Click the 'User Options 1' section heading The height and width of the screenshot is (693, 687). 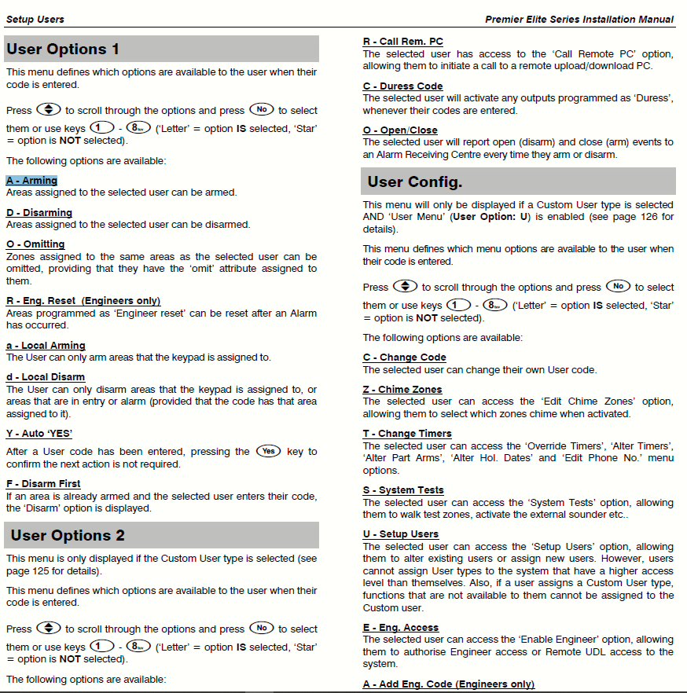64,49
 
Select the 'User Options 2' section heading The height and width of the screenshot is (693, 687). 68,536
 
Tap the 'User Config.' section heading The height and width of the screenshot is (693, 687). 415,182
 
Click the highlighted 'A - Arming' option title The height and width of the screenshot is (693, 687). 31,181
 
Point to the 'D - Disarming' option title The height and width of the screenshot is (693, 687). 39,213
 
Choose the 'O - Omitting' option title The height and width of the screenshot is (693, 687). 35,244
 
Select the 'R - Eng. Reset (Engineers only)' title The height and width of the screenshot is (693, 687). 83,301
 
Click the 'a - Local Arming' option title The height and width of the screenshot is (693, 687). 46,346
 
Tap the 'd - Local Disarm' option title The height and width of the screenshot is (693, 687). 46,377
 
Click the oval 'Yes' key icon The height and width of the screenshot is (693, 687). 269,451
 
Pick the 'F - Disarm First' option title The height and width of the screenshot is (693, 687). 43,484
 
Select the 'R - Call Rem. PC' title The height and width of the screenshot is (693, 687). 402,42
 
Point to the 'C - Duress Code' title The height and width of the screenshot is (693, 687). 402,86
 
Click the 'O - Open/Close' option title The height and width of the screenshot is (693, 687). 400,130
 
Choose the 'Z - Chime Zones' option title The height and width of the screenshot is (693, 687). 402,390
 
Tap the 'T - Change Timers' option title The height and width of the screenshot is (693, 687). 407,434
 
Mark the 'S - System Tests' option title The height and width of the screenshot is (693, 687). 403,490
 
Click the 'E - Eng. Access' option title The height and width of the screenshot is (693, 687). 401,628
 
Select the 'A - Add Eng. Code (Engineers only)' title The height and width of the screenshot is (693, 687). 449,684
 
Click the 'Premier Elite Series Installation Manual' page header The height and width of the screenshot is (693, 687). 579,19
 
